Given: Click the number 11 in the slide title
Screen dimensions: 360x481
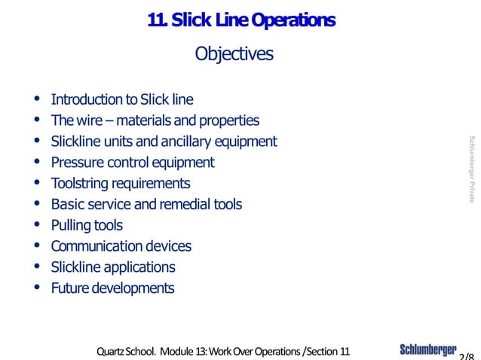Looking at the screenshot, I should point(157,22).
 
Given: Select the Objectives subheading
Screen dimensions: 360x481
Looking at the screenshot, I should point(234,54).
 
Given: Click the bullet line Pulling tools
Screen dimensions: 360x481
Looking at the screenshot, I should point(87,225).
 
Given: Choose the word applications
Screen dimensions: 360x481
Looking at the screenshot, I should point(142,267).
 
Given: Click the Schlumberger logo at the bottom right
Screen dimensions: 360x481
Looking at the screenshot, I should point(427,350).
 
